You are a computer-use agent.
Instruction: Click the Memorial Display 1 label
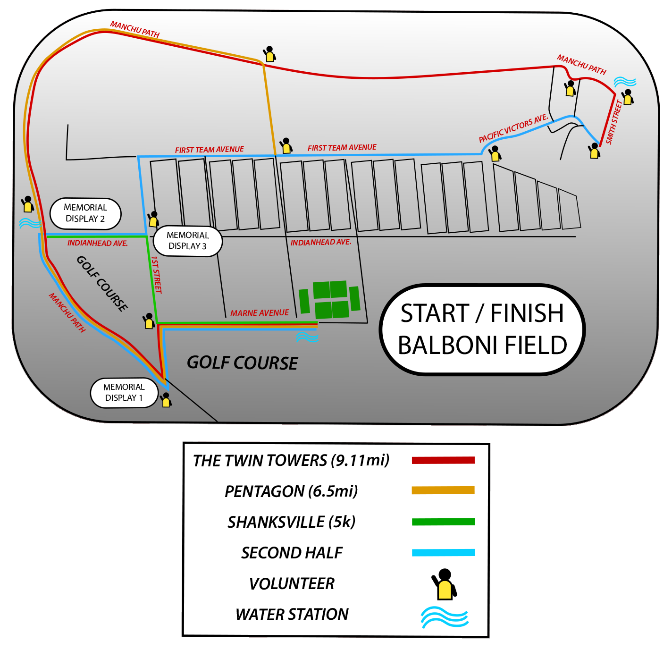(x=124, y=392)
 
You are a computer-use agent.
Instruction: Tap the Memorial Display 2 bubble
(x=85, y=213)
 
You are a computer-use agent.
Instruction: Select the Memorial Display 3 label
(x=187, y=241)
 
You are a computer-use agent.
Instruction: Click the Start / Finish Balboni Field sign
(x=482, y=329)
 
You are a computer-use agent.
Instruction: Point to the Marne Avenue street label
(x=259, y=313)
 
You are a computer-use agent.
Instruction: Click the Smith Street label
(x=614, y=122)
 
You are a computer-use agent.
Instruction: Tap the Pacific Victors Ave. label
(x=513, y=128)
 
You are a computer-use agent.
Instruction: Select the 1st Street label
(x=156, y=275)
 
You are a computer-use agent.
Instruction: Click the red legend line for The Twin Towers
(x=443, y=460)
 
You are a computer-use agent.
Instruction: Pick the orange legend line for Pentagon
(x=443, y=490)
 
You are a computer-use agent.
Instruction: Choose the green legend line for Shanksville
(x=443, y=522)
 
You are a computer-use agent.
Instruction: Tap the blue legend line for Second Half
(x=443, y=552)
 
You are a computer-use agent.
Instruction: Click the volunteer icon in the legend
(x=444, y=584)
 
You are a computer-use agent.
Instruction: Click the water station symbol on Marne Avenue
(x=306, y=337)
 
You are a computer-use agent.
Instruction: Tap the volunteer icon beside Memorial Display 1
(x=166, y=400)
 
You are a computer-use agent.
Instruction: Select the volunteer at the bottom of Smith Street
(x=594, y=151)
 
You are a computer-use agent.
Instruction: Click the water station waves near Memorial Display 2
(x=30, y=223)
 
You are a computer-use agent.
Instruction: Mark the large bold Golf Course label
(x=242, y=363)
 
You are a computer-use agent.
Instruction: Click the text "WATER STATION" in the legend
(x=292, y=615)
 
